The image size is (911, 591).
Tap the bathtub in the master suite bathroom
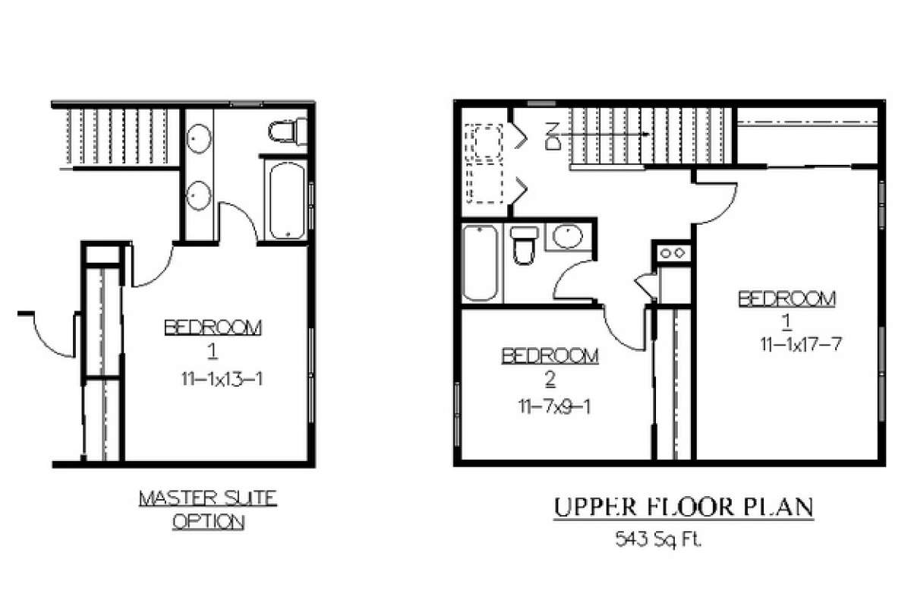point(286,199)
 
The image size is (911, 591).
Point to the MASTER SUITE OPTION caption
point(207,510)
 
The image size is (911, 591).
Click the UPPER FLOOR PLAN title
point(682,507)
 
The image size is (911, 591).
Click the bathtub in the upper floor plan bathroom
point(481,262)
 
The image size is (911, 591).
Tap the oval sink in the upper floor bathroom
point(566,237)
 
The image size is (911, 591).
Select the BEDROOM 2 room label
point(550,365)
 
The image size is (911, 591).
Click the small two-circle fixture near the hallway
point(673,252)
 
